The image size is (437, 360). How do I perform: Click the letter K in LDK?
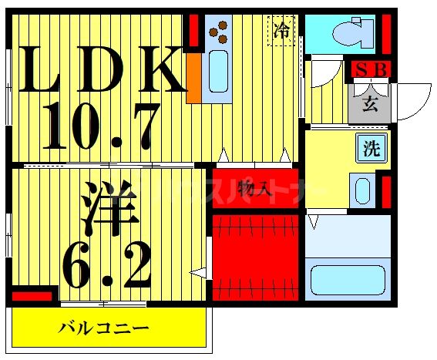[x=160, y=70]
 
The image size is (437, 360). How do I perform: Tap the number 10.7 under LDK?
[x=100, y=126]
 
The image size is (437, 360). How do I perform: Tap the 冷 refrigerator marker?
[x=282, y=31]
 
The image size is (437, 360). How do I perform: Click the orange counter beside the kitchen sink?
[x=193, y=77]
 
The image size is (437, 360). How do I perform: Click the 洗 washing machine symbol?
[x=372, y=149]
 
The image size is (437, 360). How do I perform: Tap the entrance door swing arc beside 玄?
[x=413, y=100]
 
